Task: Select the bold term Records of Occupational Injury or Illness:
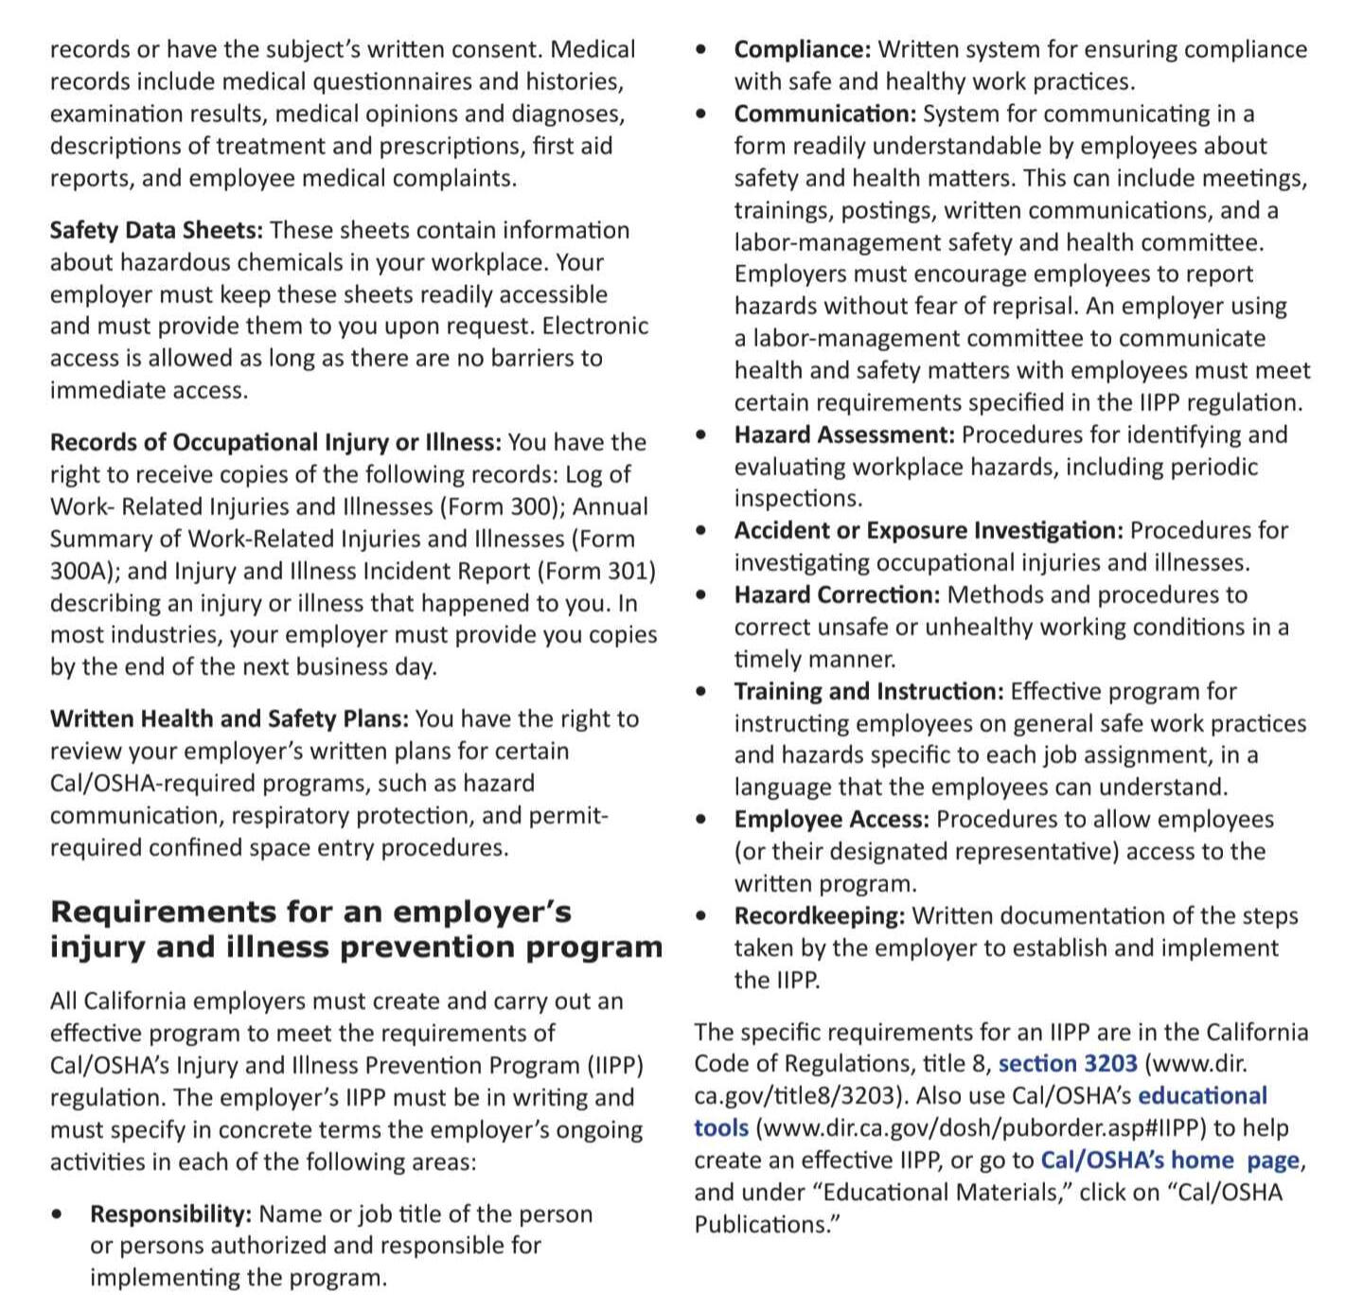tap(275, 442)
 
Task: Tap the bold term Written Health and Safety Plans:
tap(229, 718)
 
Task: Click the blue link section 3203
tap(1067, 1064)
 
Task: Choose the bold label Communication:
tap(824, 114)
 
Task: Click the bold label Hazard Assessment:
tap(844, 434)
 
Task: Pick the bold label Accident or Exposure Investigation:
tap(929, 530)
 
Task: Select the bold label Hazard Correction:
tap(837, 594)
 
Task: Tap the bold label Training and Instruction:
tap(868, 691)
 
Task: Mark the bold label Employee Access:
tap(831, 819)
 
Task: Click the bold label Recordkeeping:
tap(820, 915)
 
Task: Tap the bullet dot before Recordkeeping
tap(700, 915)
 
